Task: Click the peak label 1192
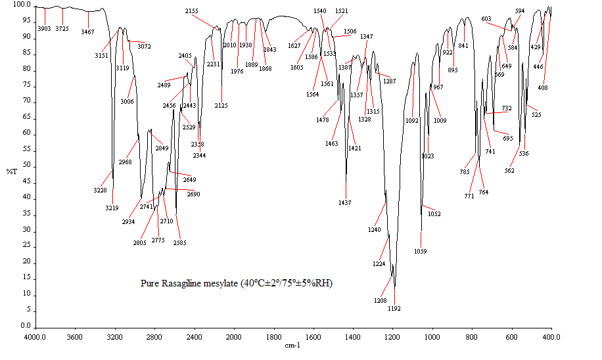click(394, 308)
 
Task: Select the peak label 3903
click(44, 29)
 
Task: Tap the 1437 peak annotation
click(344, 202)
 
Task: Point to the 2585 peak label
click(179, 243)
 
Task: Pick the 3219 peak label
click(112, 208)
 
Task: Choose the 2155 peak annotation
click(191, 12)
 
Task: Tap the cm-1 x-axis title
click(292, 345)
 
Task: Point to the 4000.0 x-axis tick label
click(35, 338)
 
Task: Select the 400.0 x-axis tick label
click(551, 338)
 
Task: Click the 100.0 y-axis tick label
click(22, 5)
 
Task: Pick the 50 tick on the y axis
click(27, 166)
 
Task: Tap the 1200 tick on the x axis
click(392, 338)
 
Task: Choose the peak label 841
click(463, 46)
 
